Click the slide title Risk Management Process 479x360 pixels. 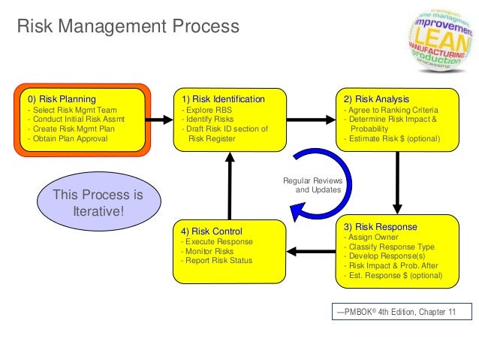click(x=128, y=28)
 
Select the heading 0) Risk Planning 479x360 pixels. click(x=62, y=99)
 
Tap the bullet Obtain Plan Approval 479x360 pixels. click(x=68, y=138)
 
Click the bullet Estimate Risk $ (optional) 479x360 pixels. click(x=391, y=138)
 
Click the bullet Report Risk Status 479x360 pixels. click(x=216, y=261)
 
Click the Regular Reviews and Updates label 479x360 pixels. click(x=312, y=185)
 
